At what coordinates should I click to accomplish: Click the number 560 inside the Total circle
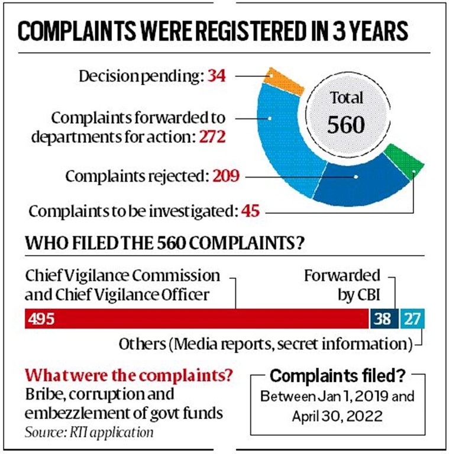pos(346,124)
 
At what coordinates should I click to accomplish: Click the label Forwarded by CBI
pos(342,284)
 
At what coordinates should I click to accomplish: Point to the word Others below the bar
pos(140,343)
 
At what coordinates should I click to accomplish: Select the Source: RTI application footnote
pos(89,432)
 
